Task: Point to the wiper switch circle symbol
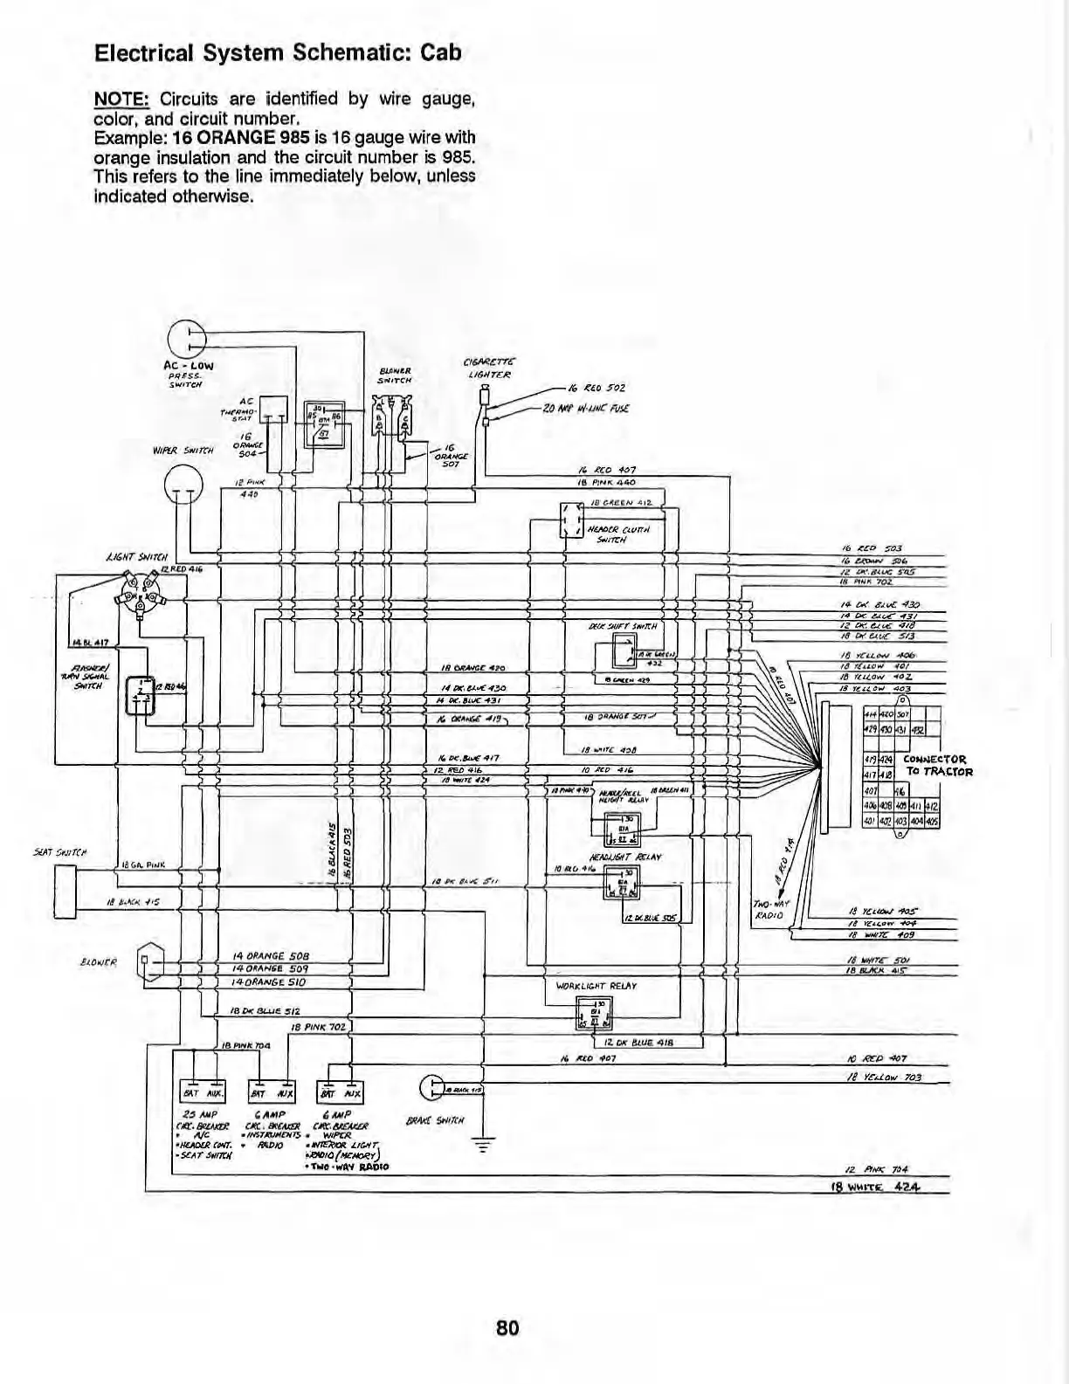183,479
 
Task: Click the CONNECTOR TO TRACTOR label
937,766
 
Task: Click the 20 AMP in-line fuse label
585,408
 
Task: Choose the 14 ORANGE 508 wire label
271,955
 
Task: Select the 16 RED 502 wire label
597,388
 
